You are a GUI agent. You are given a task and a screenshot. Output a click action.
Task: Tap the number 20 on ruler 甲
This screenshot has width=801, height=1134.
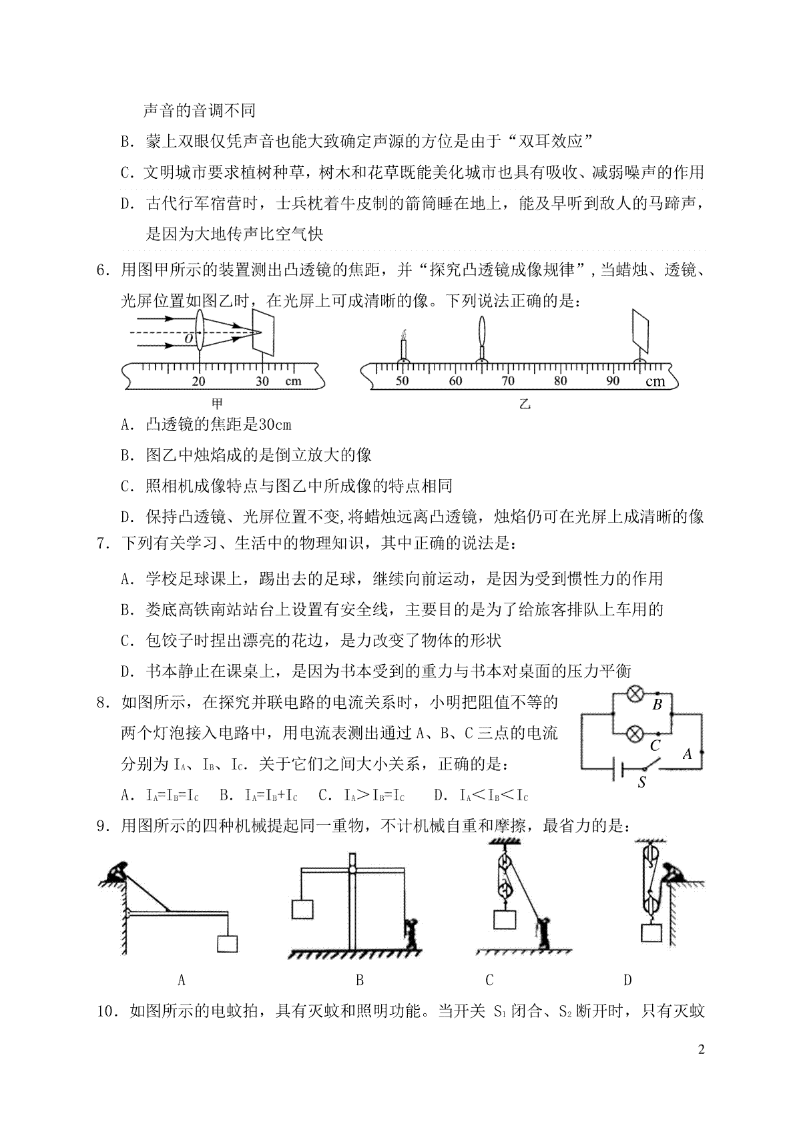[198, 381]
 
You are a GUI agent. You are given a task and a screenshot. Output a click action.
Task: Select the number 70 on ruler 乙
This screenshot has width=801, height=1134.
[508, 380]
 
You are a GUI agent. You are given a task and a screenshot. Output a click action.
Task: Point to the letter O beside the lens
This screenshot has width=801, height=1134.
[189, 338]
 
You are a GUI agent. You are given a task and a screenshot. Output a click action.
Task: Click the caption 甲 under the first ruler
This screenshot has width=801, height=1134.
[217, 404]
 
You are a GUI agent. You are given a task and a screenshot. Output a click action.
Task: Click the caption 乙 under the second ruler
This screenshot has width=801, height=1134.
[525, 404]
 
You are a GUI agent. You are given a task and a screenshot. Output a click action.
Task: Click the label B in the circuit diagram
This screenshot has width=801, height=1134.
[657, 704]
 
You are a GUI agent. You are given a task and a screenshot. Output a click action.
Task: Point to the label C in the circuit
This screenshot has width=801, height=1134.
[655, 745]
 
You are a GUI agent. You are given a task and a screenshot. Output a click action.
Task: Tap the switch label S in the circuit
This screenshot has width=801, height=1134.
[641, 783]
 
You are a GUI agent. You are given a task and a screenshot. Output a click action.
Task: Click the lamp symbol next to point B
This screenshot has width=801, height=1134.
[635, 693]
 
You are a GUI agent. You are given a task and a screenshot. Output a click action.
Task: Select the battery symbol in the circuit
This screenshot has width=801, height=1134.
[617, 770]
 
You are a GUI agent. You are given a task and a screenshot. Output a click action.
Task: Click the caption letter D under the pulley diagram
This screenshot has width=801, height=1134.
[627, 980]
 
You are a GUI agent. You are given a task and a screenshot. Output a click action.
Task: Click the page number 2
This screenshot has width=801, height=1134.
[702, 1049]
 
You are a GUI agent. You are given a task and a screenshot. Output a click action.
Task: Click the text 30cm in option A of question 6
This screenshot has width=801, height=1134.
[274, 424]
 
